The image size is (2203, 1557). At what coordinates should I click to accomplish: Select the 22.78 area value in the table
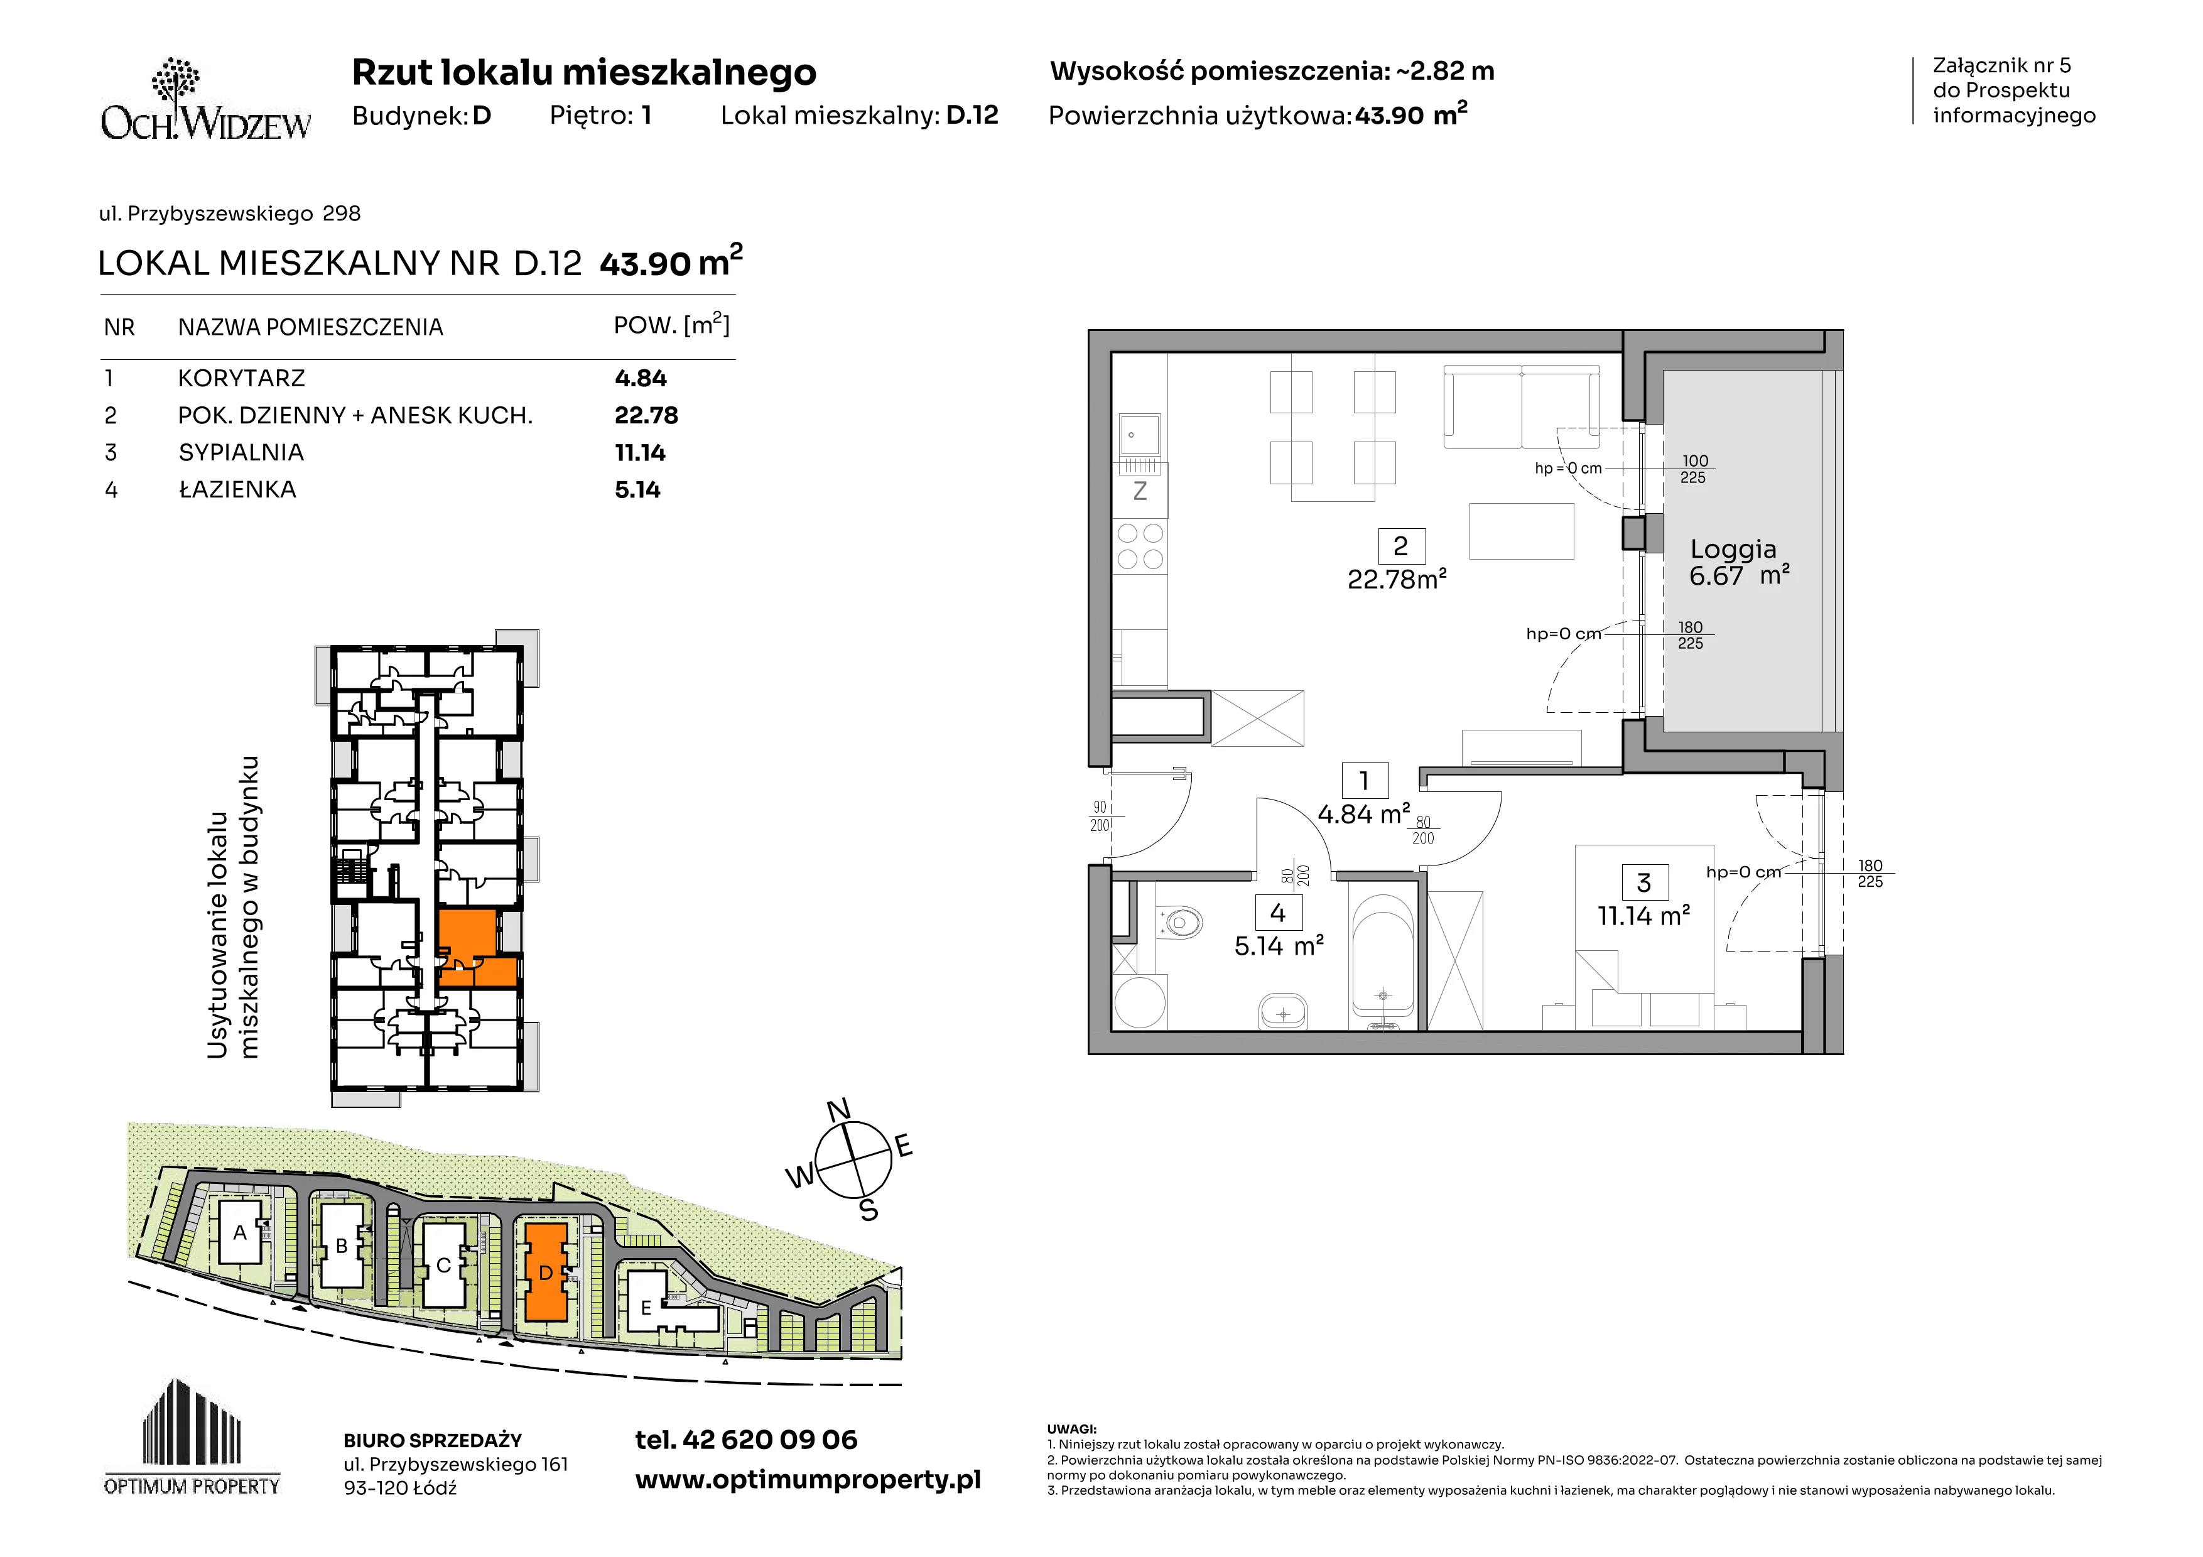[x=646, y=415]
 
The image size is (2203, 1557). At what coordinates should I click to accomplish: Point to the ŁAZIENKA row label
[x=237, y=489]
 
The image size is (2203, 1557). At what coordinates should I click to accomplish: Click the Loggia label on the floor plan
[x=1733, y=549]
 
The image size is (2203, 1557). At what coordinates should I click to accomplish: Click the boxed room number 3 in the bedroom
[x=1643, y=882]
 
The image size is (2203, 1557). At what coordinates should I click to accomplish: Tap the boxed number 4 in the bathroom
[x=1277, y=913]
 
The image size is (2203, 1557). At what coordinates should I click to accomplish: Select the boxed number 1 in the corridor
[x=1363, y=781]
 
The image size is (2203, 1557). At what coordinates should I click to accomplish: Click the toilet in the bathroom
[x=1180, y=923]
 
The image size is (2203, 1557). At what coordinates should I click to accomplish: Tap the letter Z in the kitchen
[x=1140, y=491]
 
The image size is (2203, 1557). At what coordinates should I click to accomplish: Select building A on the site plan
[x=240, y=1233]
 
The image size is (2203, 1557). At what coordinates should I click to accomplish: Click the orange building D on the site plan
[x=546, y=1272]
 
